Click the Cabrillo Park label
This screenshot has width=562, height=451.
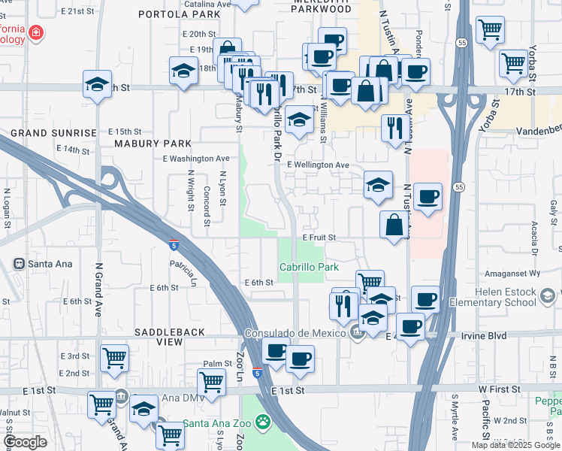309,267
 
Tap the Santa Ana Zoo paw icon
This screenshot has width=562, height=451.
263,424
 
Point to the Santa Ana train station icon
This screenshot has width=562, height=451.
20,264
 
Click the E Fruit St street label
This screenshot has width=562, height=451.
319,237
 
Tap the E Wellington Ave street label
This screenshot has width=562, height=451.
318,165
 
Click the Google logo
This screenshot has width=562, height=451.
26,441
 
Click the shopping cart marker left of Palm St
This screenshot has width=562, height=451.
212,382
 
